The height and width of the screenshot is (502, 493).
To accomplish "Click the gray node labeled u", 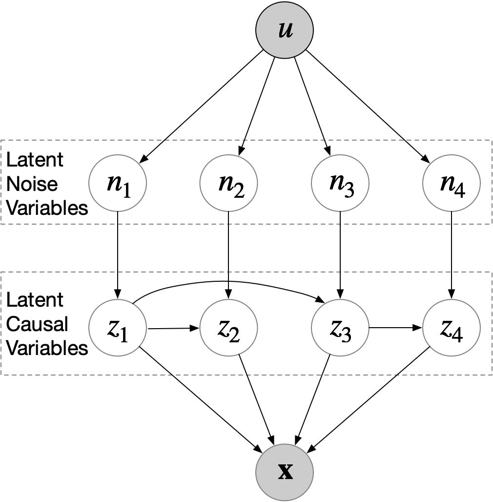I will (285, 30).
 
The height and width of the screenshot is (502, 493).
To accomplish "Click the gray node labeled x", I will (285, 472).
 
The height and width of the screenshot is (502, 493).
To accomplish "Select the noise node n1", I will (118, 183).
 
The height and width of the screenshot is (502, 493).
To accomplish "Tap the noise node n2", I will (228, 183).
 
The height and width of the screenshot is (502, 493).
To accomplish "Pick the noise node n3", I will (340, 183).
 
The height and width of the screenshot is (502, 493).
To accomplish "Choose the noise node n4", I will (452, 183).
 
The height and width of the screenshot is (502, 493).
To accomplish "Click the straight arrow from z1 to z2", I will (173, 328).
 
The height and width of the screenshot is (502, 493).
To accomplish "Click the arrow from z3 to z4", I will (395, 328).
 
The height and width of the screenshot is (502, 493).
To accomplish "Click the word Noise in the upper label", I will (25, 184).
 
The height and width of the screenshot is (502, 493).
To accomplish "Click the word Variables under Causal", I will (47, 348).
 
